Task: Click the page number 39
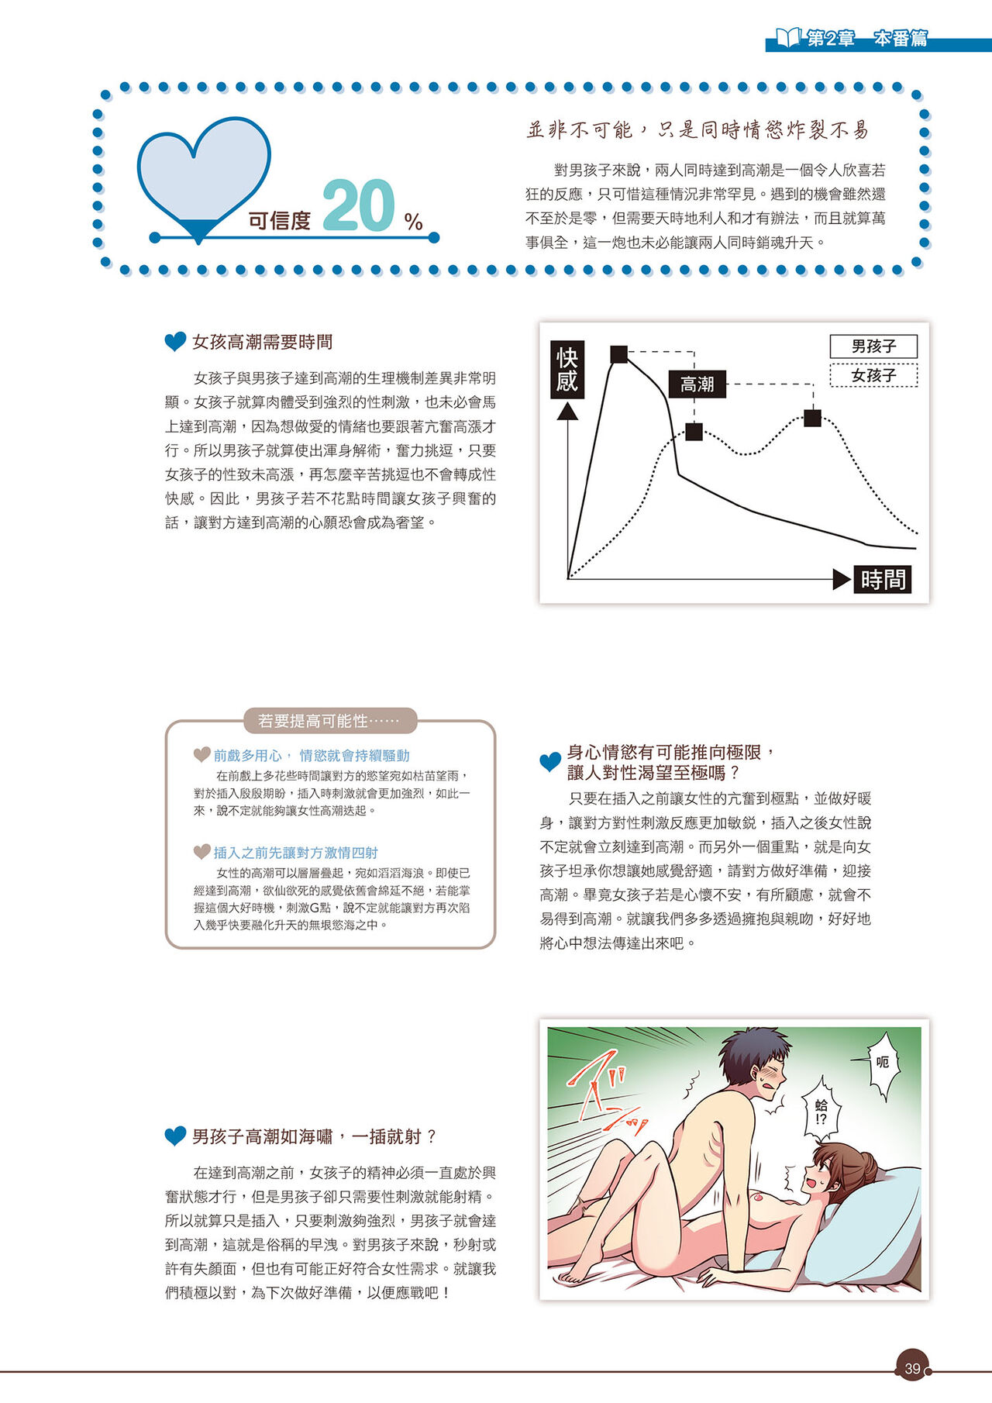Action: (912, 1369)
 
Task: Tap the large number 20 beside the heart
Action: (358, 205)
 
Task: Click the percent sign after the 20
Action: (413, 222)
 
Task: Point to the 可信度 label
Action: (279, 221)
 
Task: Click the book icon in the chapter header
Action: (788, 36)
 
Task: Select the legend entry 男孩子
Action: (873, 346)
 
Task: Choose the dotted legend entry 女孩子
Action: (873, 375)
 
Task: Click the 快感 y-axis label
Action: (567, 370)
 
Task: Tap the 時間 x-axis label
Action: (883, 579)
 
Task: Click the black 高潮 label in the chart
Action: (697, 384)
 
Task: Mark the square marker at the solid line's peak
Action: (619, 354)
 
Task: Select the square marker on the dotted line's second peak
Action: (812, 418)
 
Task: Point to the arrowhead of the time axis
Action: (842, 579)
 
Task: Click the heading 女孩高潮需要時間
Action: (262, 342)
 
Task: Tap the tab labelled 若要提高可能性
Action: (329, 721)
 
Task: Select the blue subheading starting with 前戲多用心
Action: (312, 756)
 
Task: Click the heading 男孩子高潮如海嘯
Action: (314, 1136)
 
